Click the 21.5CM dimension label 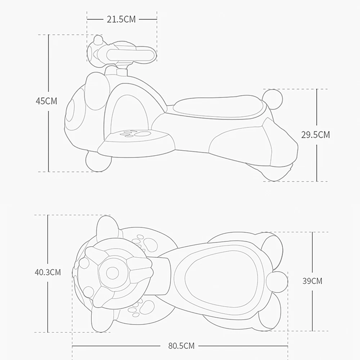121,19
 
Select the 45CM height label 46,101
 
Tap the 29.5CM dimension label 315,135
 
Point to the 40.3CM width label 48,272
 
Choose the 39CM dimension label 312,281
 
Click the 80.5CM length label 181,346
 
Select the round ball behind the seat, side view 273,99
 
